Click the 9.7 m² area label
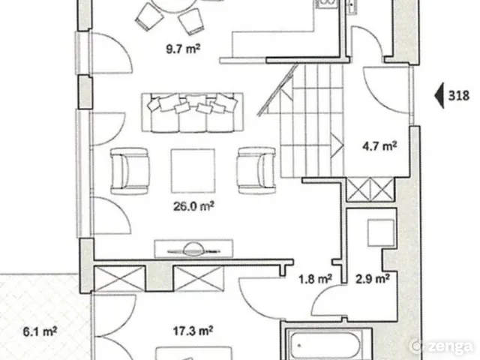(183, 49)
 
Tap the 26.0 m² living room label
(193, 206)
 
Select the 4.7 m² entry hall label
(379, 146)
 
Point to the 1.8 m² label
(315, 279)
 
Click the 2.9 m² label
(372, 279)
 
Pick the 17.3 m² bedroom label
(193, 331)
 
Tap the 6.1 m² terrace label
(40, 331)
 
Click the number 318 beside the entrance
(458, 96)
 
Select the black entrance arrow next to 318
(439, 96)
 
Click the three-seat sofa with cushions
(193, 112)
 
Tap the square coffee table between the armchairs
(193, 171)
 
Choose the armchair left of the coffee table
(130, 171)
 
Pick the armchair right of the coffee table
(256, 171)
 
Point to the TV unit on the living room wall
(193, 249)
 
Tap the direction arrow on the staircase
(337, 145)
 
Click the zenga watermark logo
(442, 346)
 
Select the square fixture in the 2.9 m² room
(381, 232)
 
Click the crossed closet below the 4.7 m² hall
(370, 190)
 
